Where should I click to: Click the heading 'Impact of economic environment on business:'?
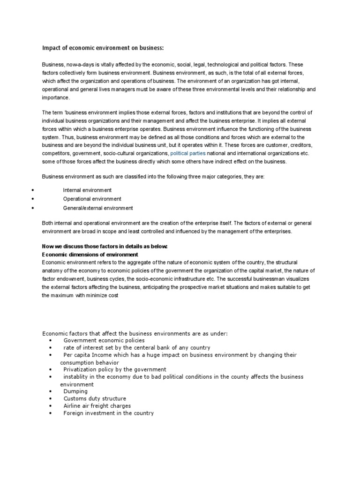click(104, 48)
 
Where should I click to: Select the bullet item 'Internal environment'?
click(87, 190)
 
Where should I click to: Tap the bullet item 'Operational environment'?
click(92, 199)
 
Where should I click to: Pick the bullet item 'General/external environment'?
click(98, 208)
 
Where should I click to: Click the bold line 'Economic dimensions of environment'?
click(90, 255)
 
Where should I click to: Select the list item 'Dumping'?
click(75, 391)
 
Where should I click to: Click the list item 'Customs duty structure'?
click(95, 398)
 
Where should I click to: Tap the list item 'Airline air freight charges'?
click(97, 406)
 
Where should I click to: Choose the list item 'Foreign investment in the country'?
click(108, 413)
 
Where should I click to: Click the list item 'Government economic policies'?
click(104, 340)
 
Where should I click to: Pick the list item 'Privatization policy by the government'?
click(115, 369)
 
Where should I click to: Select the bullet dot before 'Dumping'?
click(50, 391)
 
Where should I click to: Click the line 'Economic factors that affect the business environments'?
click(135, 333)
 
